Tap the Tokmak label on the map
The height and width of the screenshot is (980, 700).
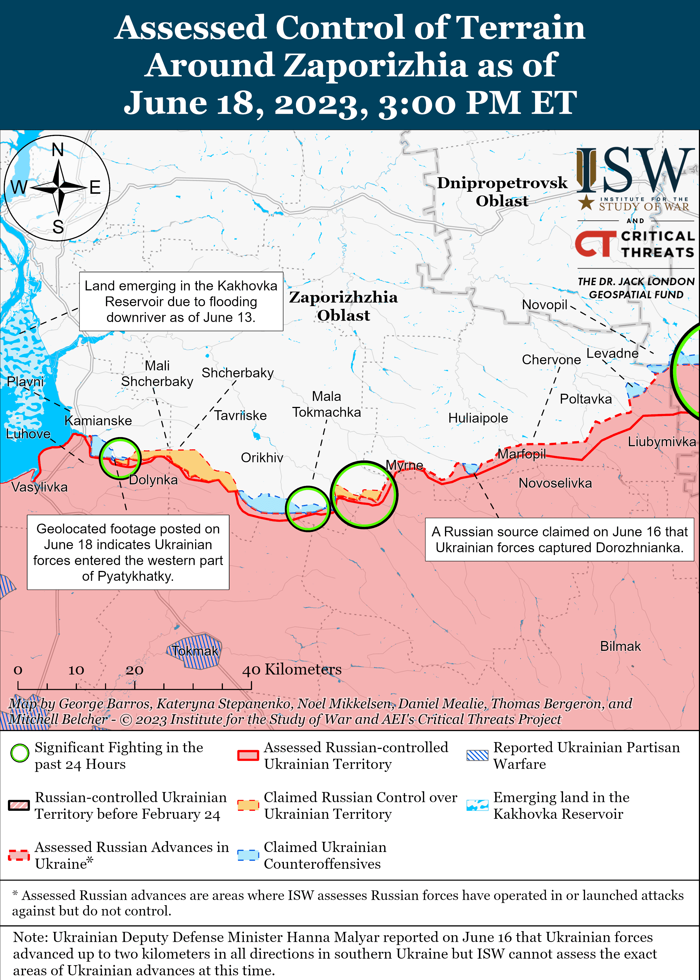pyautogui.click(x=195, y=651)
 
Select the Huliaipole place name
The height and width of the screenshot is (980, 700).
pyautogui.click(x=478, y=418)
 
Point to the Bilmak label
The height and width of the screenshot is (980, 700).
pyautogui.click(x=620, y=646)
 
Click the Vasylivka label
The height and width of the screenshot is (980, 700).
pyautogui.click(x=39, y=487)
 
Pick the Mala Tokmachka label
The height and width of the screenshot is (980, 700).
pyautogui.click(x=326, y=404)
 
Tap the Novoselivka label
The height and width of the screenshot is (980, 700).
pyautogui.click(x=555, y=483)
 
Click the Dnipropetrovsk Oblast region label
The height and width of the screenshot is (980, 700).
pyautogui.click(x=502, y=191)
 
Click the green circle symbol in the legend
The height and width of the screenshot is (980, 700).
pyautogui.click(x=20, y=753)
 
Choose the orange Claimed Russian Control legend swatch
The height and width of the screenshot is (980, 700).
pyautogui.click(x=248, y=805)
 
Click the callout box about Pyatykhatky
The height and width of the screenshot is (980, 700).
pyautogui.click(x=128, y=552)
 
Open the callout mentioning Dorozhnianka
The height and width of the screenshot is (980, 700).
pyautogui.click(x=559, y=540)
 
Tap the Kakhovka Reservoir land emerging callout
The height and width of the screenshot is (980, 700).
pyautogui.click(x=181, y=301)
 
